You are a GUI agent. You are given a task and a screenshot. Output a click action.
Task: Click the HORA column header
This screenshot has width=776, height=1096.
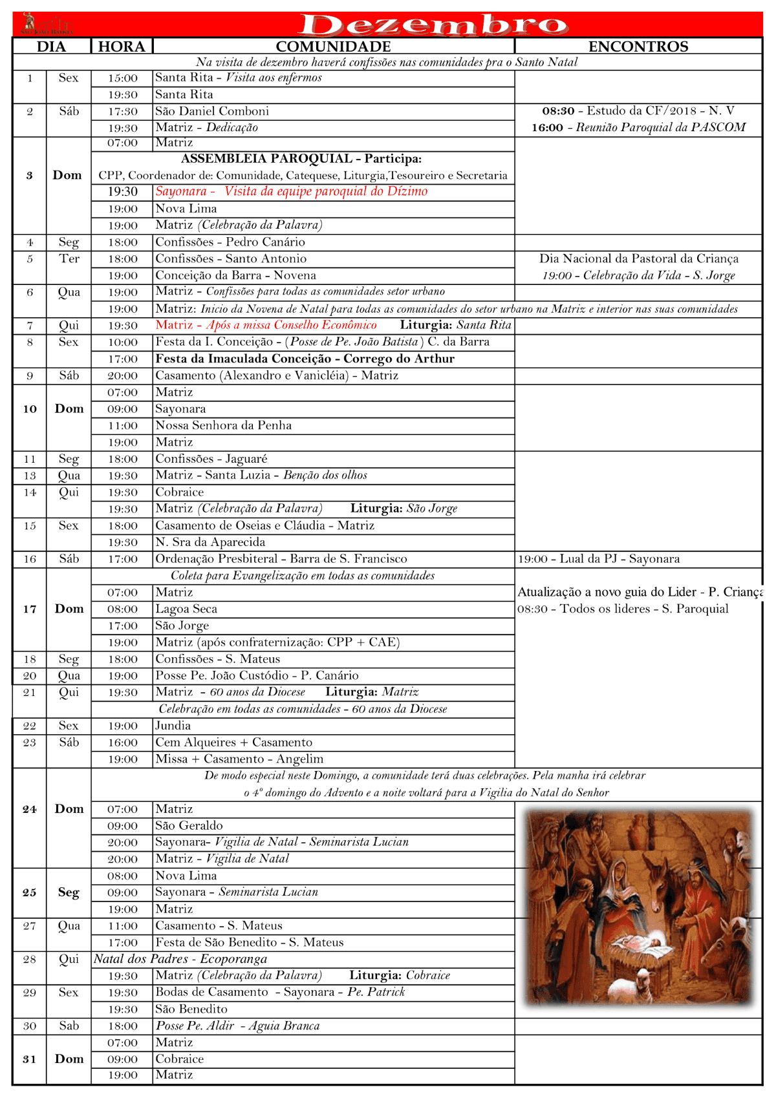click(x=122, y=47)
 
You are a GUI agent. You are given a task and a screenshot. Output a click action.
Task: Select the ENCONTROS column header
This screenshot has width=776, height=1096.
click(x=638, y=47)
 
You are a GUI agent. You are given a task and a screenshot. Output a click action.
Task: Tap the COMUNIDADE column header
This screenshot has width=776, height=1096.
click(x=333, y=47)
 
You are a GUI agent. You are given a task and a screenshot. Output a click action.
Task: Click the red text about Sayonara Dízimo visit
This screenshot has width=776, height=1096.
click(x=292, y=191)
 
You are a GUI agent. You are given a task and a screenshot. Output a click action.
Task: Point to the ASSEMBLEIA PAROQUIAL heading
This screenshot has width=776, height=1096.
click(x=301, y=158)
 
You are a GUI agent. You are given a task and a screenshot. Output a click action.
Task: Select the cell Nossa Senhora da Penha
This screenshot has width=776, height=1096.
click(x=224, y=425)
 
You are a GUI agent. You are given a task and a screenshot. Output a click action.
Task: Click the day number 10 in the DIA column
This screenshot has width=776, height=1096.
click(x=30, y=408)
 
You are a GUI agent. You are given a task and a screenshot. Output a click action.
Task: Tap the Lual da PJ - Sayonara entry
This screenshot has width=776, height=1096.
click(x=598, y=559)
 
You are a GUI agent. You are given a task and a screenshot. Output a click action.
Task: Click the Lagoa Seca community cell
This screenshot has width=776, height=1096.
click(x=186, y=609)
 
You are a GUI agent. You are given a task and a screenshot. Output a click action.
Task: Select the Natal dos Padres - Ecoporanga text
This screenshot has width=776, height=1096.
click(x=180, y=959)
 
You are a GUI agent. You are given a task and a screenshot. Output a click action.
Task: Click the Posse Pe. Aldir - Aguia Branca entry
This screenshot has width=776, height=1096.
click(x=237, y=1026)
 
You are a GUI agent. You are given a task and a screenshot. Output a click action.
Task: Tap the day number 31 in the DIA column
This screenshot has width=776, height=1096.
click(x=30, y=1059)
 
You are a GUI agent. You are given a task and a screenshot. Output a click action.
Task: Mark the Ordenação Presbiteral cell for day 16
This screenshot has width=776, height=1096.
click(x=281, y=559)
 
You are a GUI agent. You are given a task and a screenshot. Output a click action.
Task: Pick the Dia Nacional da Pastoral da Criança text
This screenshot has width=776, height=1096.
click(x=639, y=258)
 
